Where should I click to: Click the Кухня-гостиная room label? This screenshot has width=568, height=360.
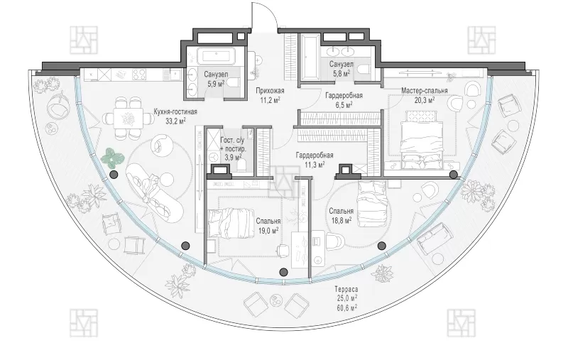[175, 111]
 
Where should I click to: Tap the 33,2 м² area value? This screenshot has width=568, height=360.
[175, 121]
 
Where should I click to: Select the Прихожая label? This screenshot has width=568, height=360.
[270, 91]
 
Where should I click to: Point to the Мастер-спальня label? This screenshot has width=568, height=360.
[424, 90]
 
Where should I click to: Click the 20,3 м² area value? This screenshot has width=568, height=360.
[425, 99]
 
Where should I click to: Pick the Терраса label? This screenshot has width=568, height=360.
[346, 289]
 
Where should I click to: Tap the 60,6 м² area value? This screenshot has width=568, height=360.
[346, 307]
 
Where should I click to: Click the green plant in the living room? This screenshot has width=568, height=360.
[111, 157]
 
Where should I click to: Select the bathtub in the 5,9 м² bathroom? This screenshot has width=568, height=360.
[216, 56]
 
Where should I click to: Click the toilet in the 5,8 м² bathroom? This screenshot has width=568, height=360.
[362, 68]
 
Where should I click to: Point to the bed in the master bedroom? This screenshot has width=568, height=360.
[422, 139]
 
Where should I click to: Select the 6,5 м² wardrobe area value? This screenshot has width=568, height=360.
[344, 105]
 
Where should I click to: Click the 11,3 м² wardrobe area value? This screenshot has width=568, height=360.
[314, 165]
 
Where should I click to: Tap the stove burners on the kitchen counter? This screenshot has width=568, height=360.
[139, 75]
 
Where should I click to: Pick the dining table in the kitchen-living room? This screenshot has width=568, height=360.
[128, 118]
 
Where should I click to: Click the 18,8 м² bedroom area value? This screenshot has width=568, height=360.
[341, 220]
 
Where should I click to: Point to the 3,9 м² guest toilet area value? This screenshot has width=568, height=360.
[233, 157]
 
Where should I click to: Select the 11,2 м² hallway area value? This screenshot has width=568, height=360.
[270, 100]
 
